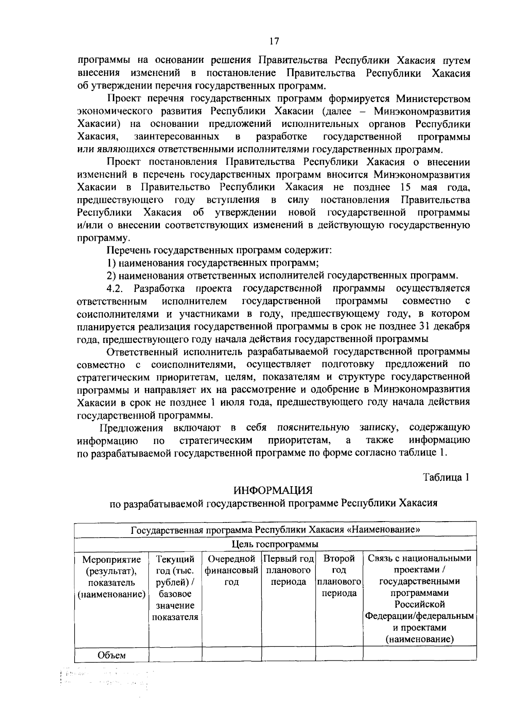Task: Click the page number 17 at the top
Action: pos(273,41)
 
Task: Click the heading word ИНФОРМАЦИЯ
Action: pos(273,490)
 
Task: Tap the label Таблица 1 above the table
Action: pos(447,477)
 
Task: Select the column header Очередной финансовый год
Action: pos(231,571)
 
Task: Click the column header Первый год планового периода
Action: pos(289,571)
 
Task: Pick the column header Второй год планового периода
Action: pos(339,576)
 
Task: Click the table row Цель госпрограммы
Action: pos(275,544)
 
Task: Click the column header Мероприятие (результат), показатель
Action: pos(111,576)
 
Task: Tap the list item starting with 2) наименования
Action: pos(282,276)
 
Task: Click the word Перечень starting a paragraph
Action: pos(129,251)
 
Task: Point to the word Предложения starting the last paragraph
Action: pos(131,428)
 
